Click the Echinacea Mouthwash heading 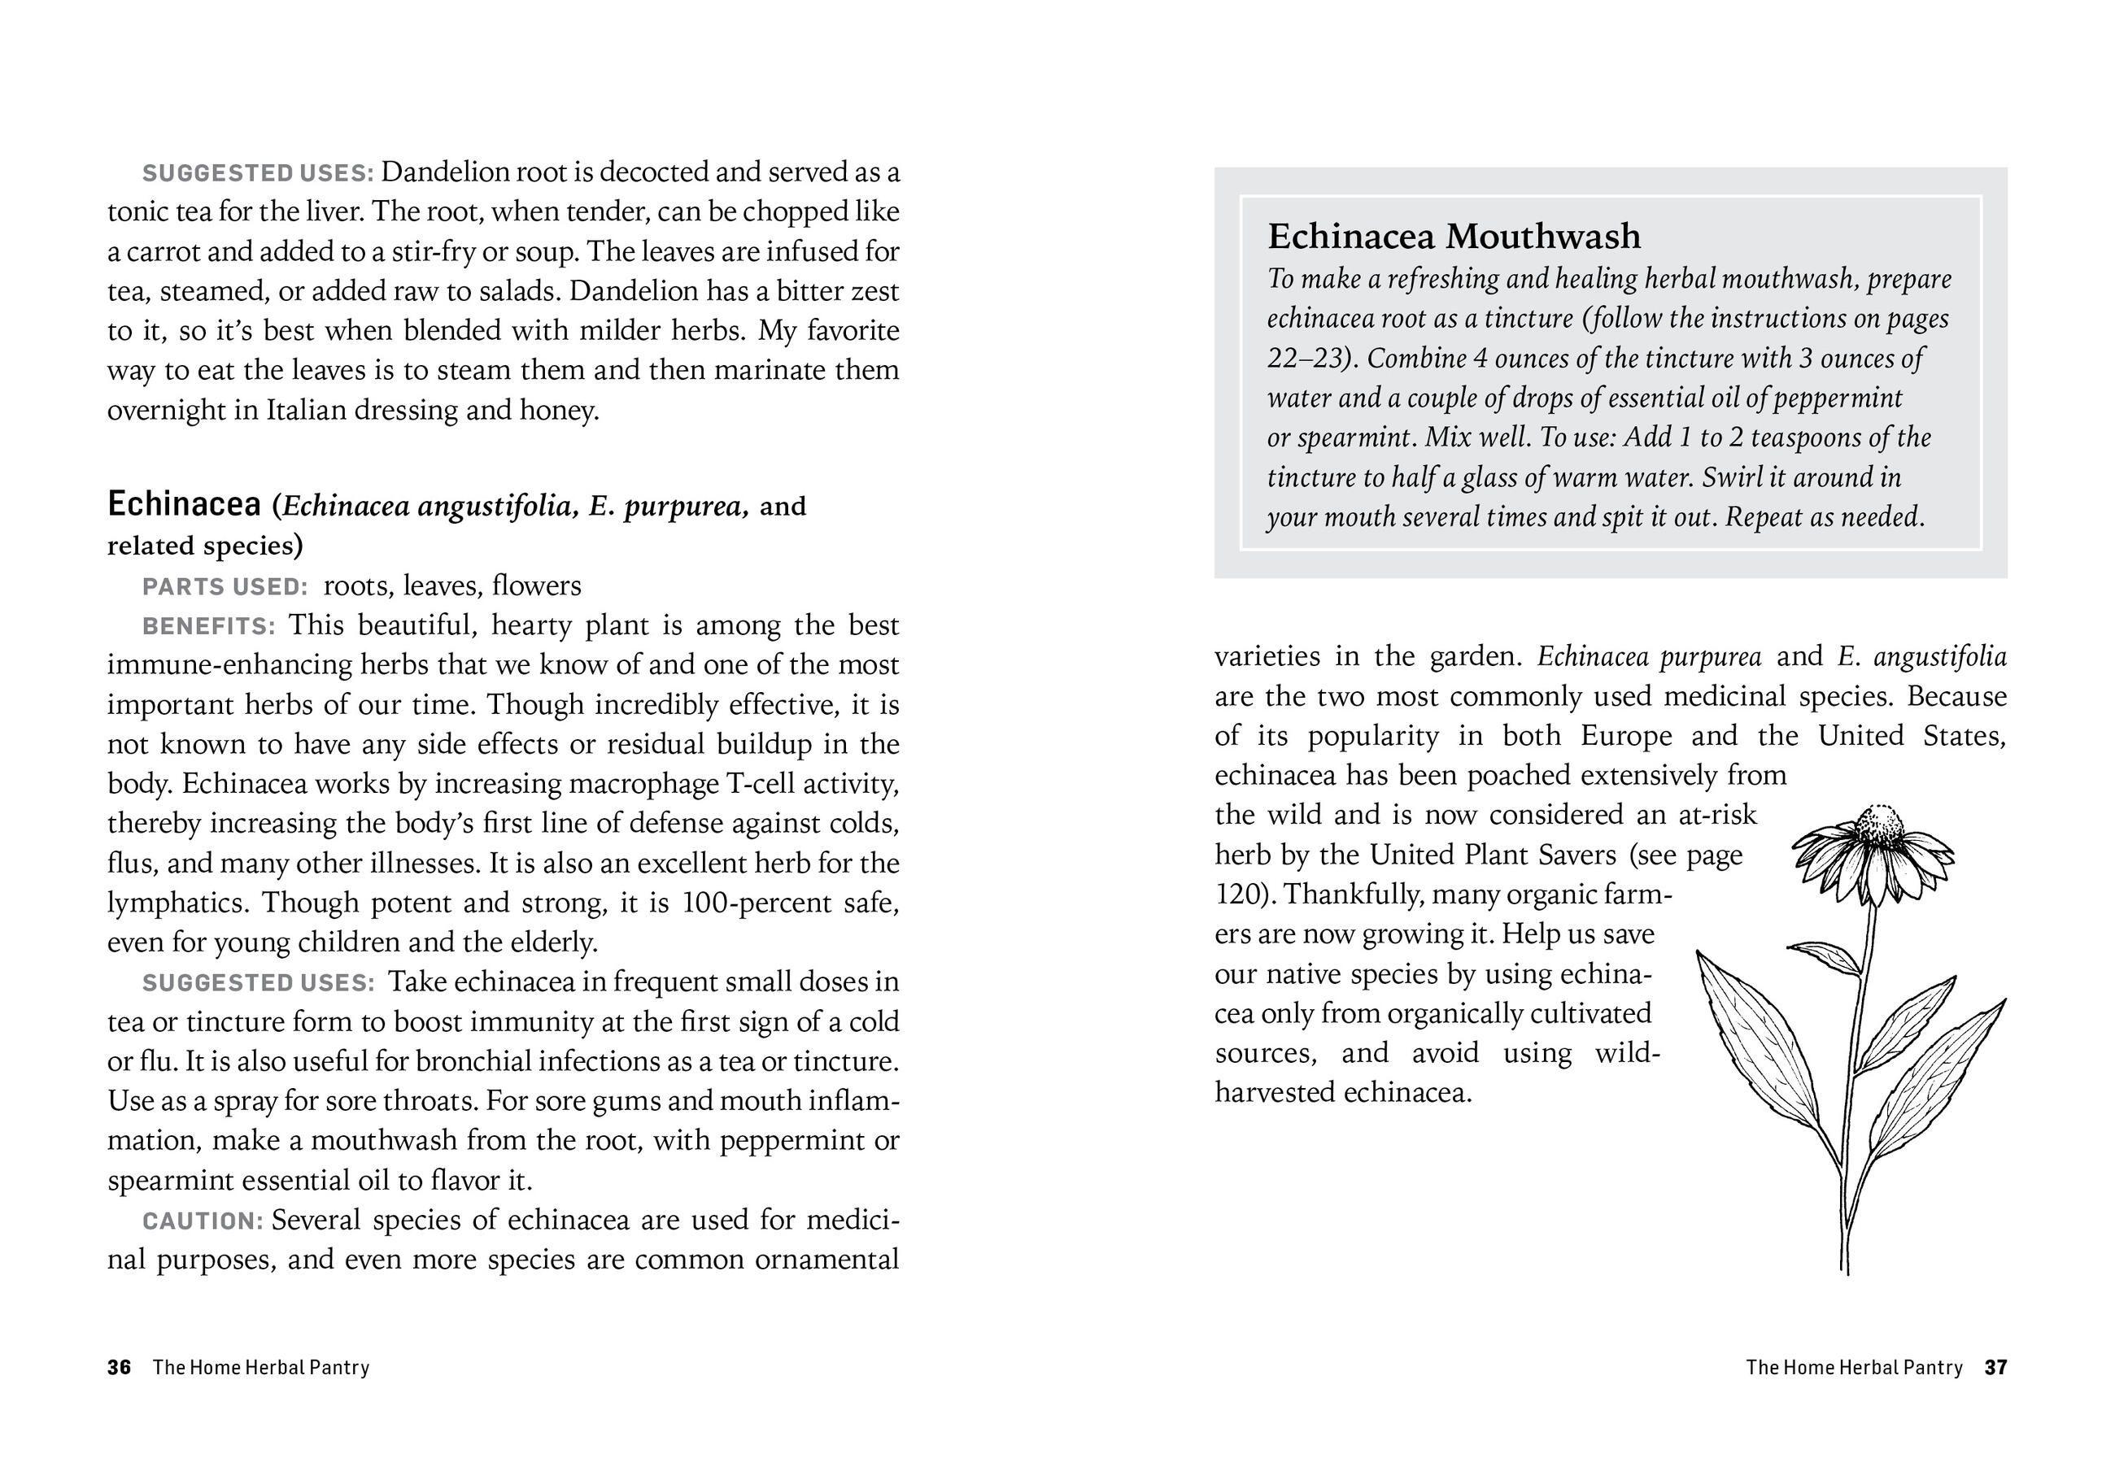[1454, 236]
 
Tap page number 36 [119, 1367]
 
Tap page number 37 [1995, 1367]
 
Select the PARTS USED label [225, 586]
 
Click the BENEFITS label [208, 626]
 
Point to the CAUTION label [203, 1221]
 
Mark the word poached [1519, 776]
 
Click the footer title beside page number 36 [260, 1367]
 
